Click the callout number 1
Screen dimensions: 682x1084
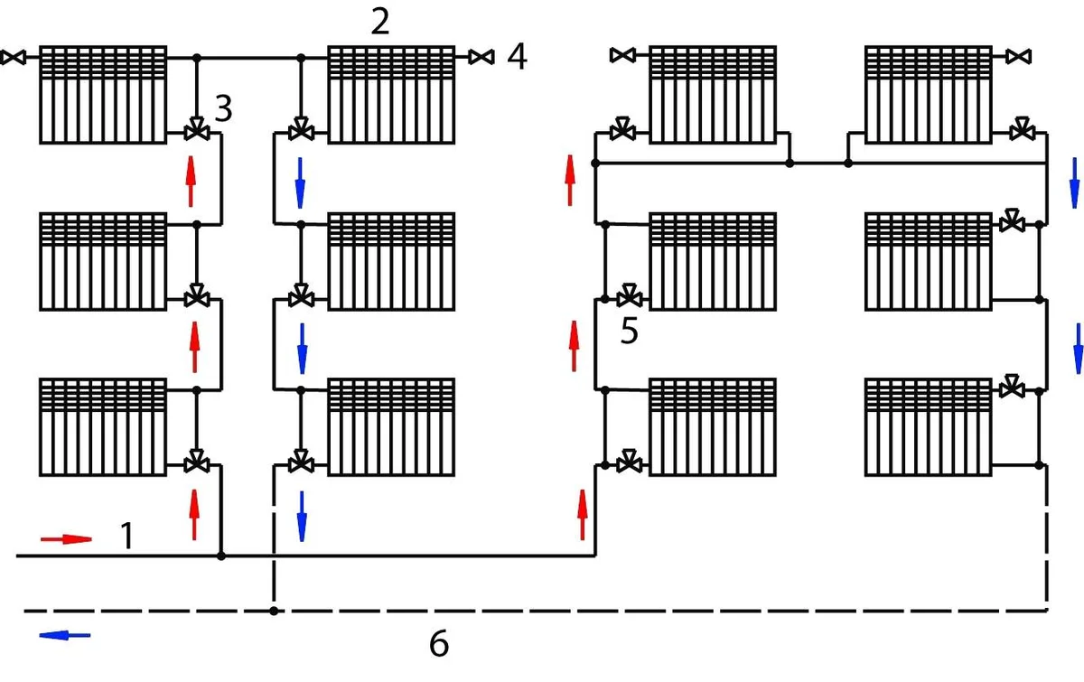coord(127,537)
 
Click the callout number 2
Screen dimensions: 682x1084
coord(380,21)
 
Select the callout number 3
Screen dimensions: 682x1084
coord(223,109)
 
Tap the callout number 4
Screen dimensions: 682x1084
coord(516,57)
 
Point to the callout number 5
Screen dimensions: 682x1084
coord(630,332)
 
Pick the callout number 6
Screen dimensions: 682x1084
coord(438,644)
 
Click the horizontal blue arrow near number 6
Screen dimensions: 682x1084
coord(65,635)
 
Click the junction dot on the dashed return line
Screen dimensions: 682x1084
coord(273,612)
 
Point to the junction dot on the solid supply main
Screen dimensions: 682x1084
coord(221,556)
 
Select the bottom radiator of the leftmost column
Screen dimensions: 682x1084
coord(103,427)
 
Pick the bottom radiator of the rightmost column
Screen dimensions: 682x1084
coord(930,427)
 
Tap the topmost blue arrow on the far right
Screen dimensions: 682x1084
coord(1074,182)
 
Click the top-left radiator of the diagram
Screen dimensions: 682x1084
coord(103,94)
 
